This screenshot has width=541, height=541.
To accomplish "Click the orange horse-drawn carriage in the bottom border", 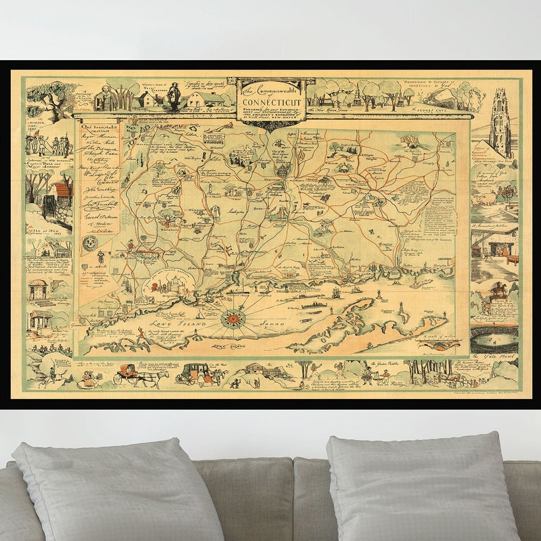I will point(130,374).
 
